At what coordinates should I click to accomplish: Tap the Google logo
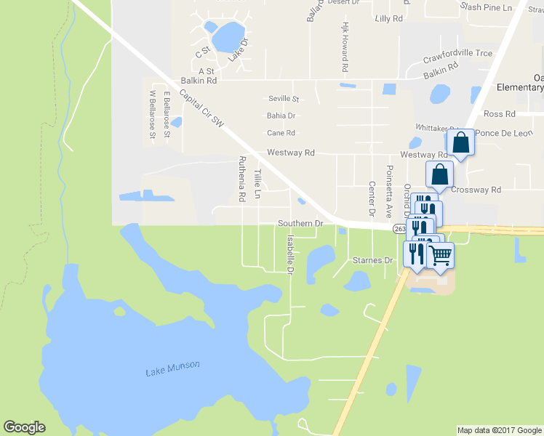(x=24, y=427)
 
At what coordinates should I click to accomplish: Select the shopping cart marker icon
(x=440, y=255)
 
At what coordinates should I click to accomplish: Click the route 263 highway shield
(x=399, y=228)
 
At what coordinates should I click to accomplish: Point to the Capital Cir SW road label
(x=201, y=111)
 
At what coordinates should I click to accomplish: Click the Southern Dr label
(x=300, y=224)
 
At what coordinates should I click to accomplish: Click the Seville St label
(x=284, y=98)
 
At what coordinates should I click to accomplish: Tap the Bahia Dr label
(x=281, y=116)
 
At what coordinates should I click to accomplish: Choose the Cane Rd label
(x=281, y=133)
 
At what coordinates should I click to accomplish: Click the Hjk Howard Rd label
(x=345, y=47)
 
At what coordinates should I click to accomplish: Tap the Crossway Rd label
(x=476, y=190)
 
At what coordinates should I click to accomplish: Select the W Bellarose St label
(x=152, y=114)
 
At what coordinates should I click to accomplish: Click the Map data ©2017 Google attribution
(x=498, y=430)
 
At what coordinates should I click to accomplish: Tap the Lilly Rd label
(x=387, y=18)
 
